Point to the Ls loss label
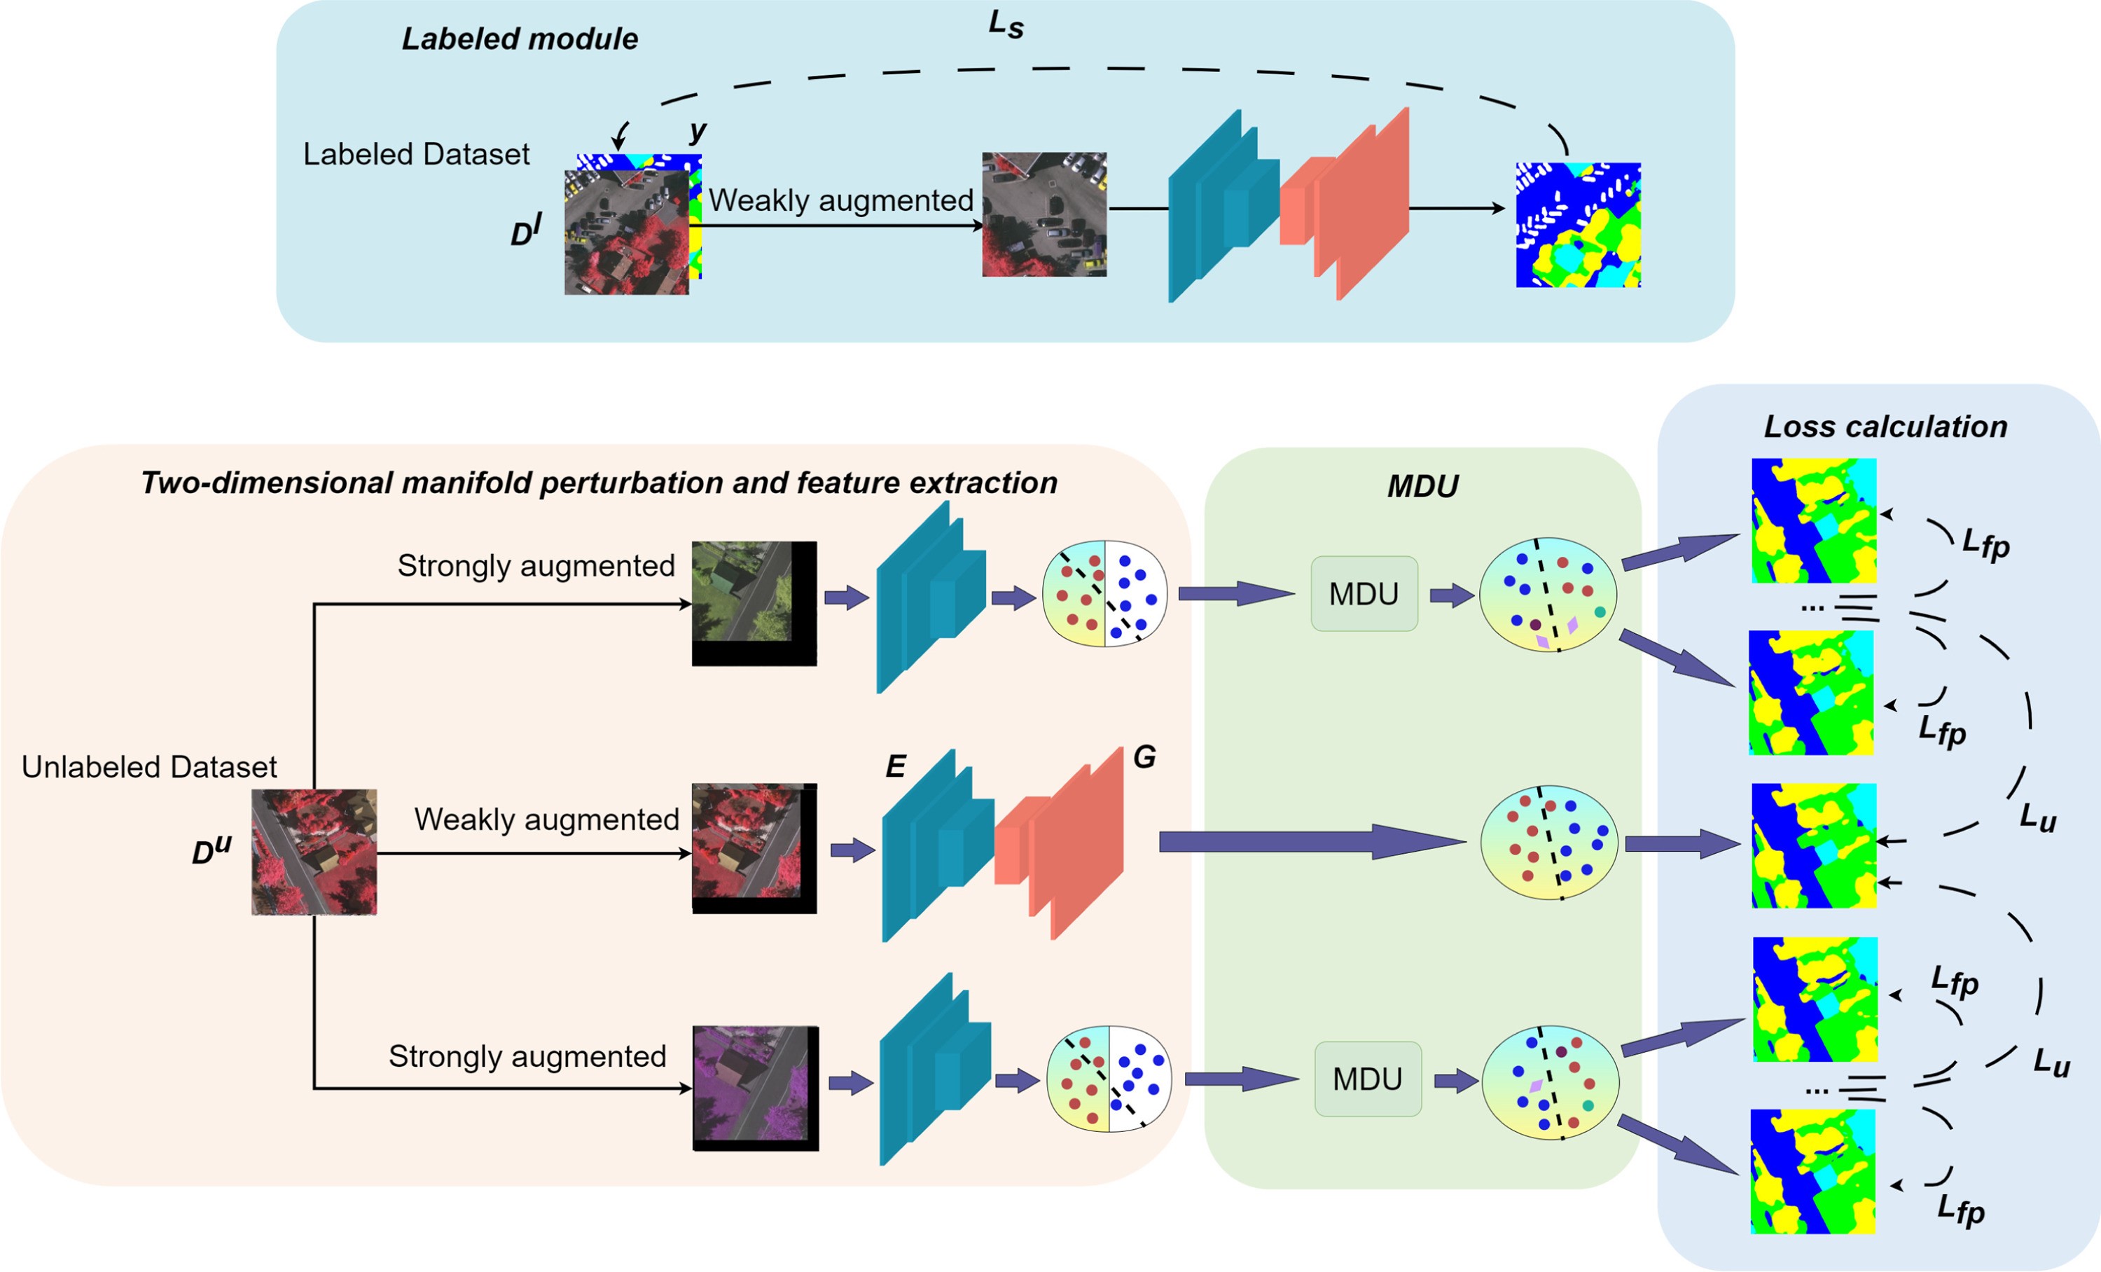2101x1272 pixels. click(x=1006, y=26)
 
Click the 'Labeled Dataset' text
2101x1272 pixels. click(x=416, y=154)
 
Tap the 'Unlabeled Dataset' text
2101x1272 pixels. click(x=149, y=767)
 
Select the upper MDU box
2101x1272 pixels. click(x=1364, y=594)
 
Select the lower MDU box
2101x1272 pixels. click(x=1368, y=1079)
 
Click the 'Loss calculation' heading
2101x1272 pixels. click(x=1885, y=427)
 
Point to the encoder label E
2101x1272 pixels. click(x=895, y=767)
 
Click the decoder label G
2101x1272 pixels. click(x=1144, y=757)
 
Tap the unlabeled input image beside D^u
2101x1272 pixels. click(x=314, y=852)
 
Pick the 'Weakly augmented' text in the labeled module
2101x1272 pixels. click(x=840, y=200)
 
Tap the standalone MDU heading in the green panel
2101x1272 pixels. click(x=1422, y=487)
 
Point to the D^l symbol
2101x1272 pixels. click(x=525, y=231)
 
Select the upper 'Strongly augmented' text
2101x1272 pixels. click(x=536, y=566)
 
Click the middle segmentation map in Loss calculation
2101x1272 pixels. click(x=1814, y=845)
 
